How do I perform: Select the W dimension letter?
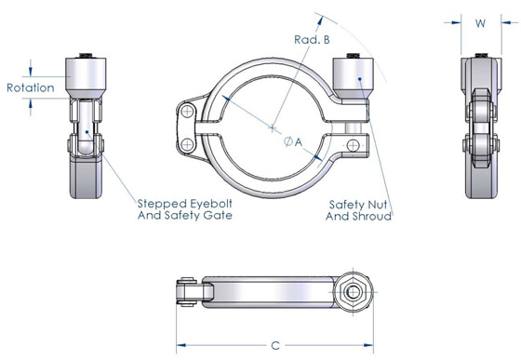point(481,21)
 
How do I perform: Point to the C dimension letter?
point(275,345)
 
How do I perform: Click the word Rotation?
point(30,88)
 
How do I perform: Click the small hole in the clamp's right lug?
point(354,144)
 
